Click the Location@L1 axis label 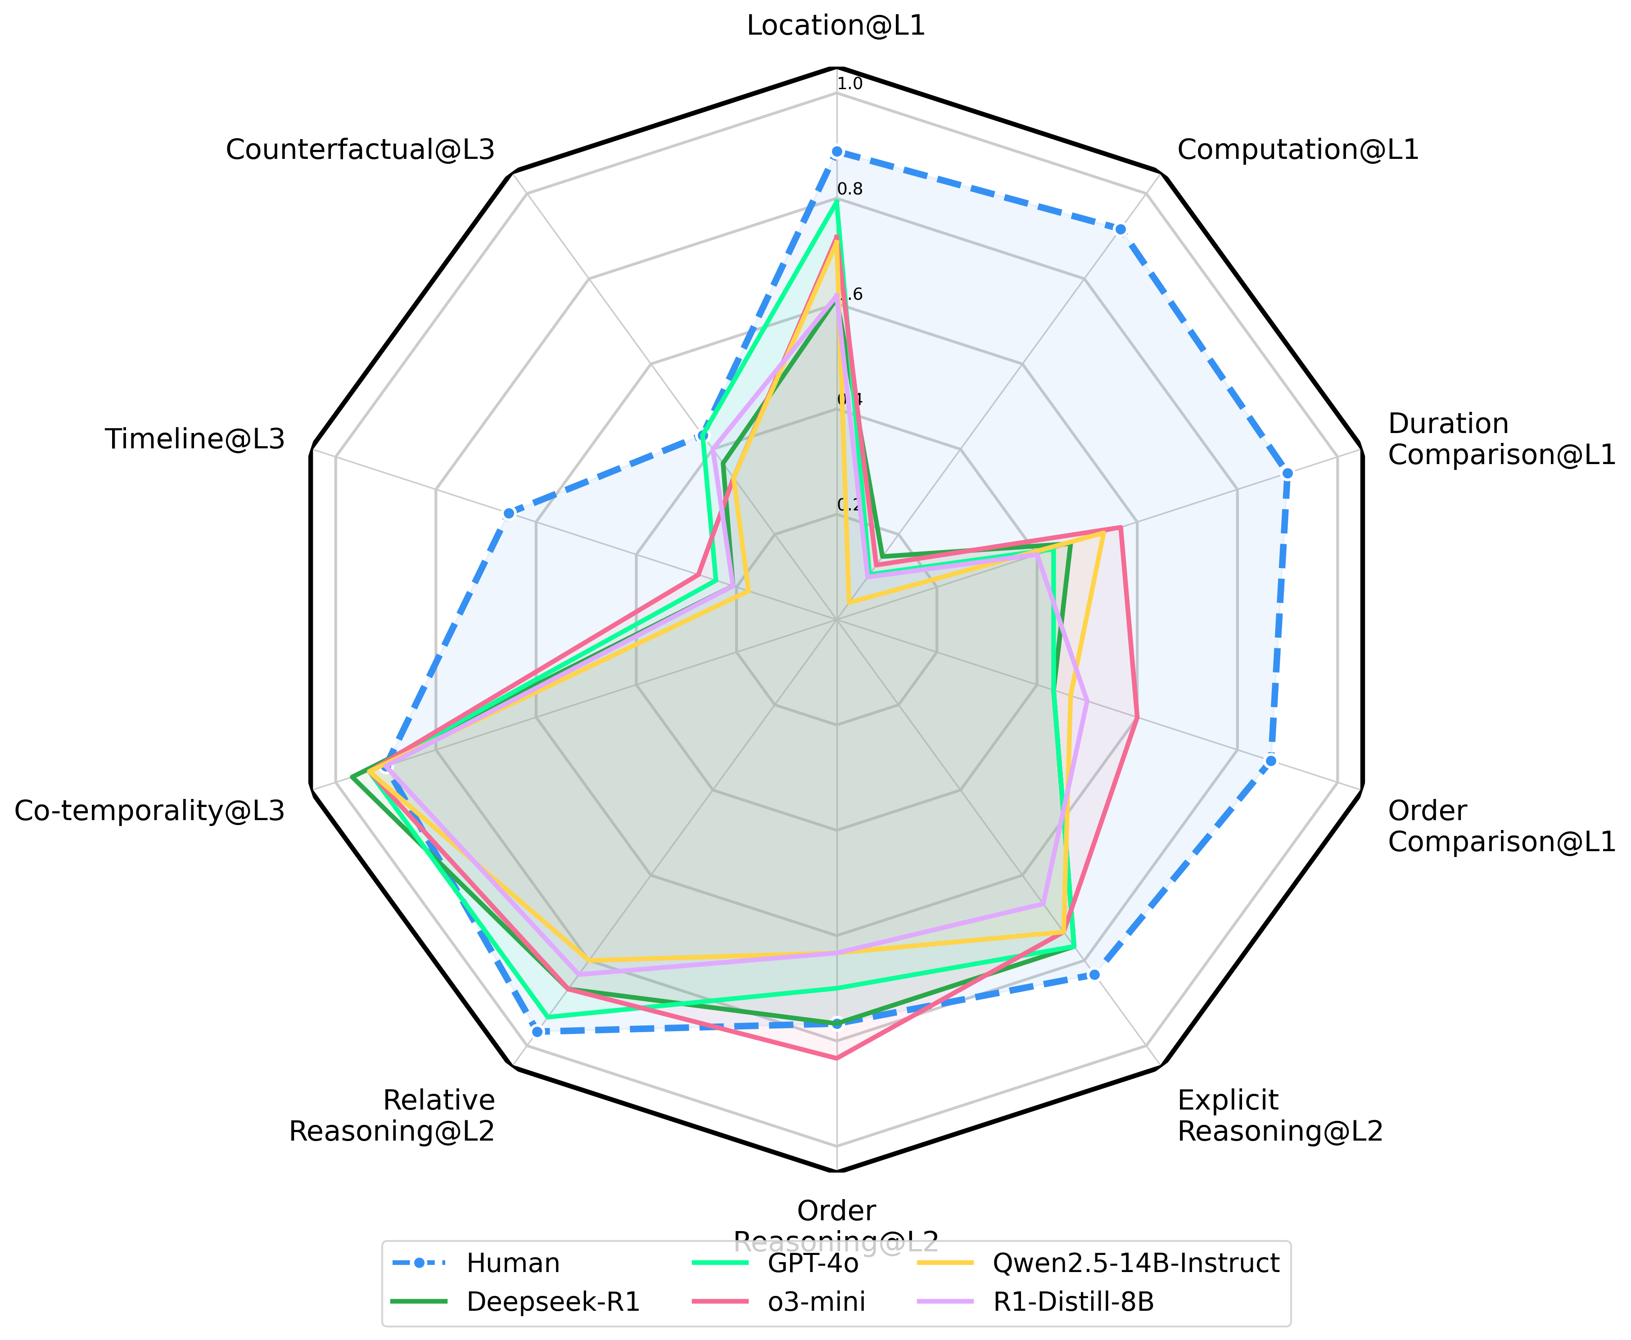[836, 26]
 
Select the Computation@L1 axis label [1297, 150]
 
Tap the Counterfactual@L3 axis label [360, 150]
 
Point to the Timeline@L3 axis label [195, 439]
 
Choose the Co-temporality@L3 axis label [150, 811]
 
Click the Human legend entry [513, 1263]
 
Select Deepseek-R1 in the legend [553, 1302]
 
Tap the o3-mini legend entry [817, 1302]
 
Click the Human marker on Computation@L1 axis [1120, 229]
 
